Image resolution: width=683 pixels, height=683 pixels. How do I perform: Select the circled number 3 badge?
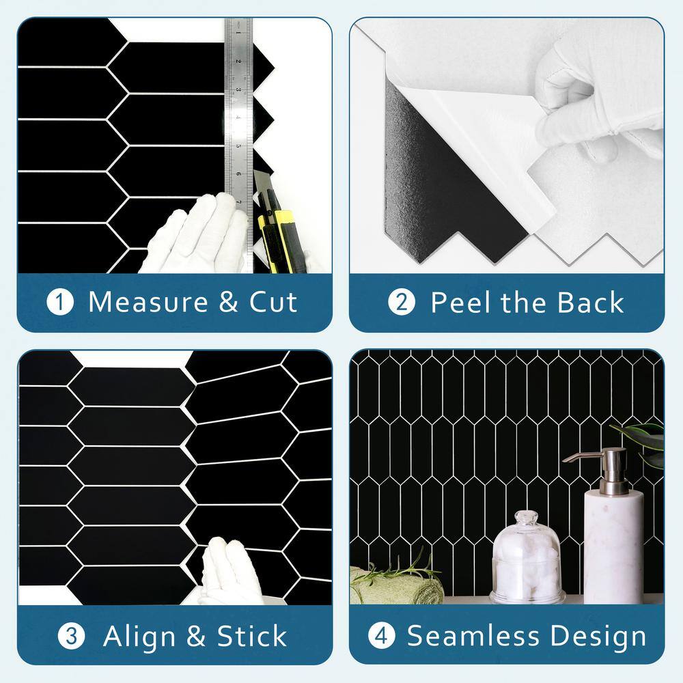click(x=71, y=636)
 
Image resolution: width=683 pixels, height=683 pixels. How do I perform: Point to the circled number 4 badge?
click(x=382, y=636)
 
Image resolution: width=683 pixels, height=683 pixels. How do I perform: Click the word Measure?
click(x=148, y=302)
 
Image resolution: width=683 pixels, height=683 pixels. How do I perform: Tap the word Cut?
click(x=273, y=302)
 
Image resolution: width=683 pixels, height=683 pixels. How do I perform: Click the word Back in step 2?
click(x=590, y=302)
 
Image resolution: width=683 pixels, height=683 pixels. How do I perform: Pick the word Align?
click(x=139, y=637)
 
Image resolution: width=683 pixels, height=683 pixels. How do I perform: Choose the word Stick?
click(x=252, y=636)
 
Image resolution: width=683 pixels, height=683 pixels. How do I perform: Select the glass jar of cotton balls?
click(x=527, y=557)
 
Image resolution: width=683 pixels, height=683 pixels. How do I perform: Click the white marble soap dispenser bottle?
click(x=613, y=546)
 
